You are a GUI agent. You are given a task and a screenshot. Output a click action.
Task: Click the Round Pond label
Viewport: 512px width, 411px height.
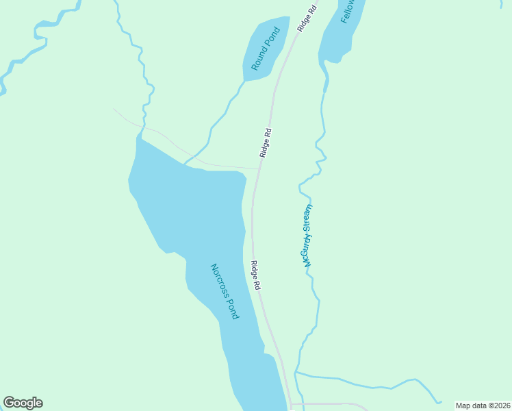(x=266, y=49)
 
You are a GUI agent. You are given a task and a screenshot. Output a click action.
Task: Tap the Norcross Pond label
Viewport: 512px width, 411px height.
(x=224, y=292)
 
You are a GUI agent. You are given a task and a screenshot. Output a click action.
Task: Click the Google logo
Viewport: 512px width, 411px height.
(x=23, y=403)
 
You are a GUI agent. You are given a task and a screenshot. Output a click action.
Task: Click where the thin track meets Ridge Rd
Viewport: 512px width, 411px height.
(x=258, y=169)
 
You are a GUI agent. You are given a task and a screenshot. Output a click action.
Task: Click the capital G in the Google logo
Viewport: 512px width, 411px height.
(x=10, y=403)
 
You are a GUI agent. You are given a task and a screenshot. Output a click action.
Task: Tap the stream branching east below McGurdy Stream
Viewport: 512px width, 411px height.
(x=363, y=381)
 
